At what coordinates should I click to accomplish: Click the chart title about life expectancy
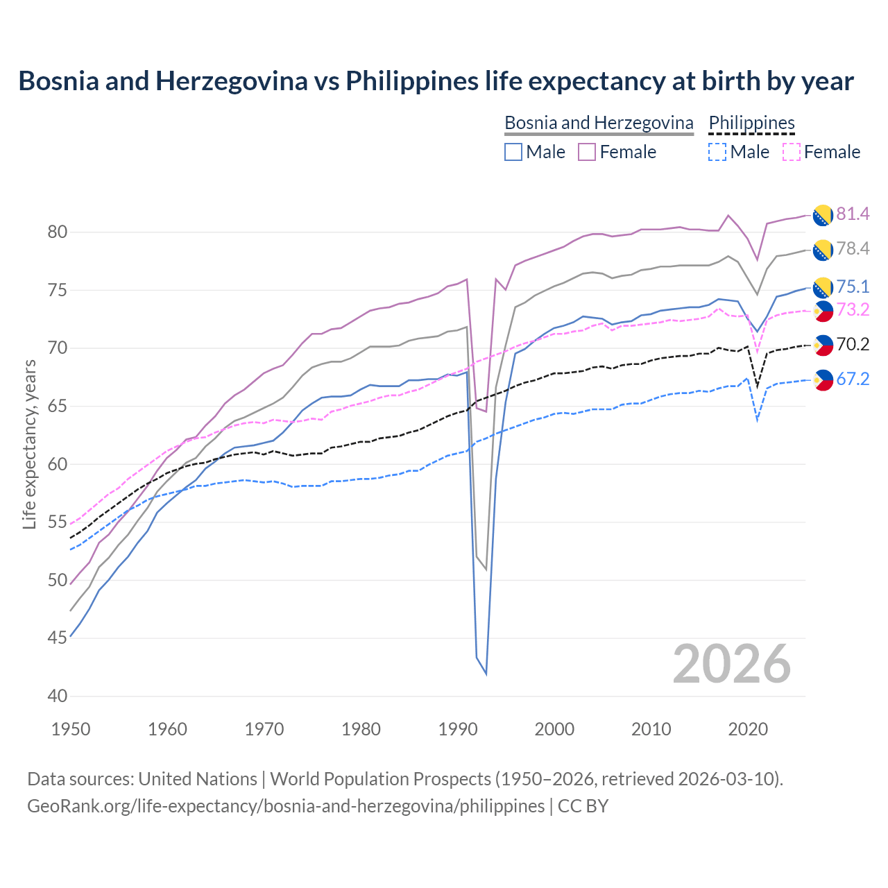click(436, 81)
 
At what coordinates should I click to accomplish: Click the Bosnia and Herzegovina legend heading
click(599, 123)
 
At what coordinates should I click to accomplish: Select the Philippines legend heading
click(751, 123)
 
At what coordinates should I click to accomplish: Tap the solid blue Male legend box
click(513, 152)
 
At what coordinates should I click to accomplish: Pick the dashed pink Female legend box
click(792, 152)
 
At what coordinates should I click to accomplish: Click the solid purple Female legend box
click(587, 152)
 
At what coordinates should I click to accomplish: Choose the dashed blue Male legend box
click(717, 152)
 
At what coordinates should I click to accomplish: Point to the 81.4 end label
click(853, 214)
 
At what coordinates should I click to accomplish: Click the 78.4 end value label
click(853, 248)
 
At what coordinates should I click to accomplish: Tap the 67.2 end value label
click(853, 379)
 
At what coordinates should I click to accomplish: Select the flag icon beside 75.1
click(823, 287)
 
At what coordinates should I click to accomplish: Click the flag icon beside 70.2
click(823, 344)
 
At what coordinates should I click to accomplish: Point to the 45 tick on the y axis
click(57, 638)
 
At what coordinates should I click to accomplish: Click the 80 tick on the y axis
click(57, 232)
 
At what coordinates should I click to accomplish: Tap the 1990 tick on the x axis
click(458, 729)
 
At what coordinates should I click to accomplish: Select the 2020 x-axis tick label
click(748, 729)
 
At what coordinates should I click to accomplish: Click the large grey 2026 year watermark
click(731, 664)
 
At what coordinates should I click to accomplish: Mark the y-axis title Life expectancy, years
click(29, 444)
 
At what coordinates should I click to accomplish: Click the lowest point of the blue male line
click(486, 674)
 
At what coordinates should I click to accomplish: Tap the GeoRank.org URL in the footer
click(286, 806)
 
